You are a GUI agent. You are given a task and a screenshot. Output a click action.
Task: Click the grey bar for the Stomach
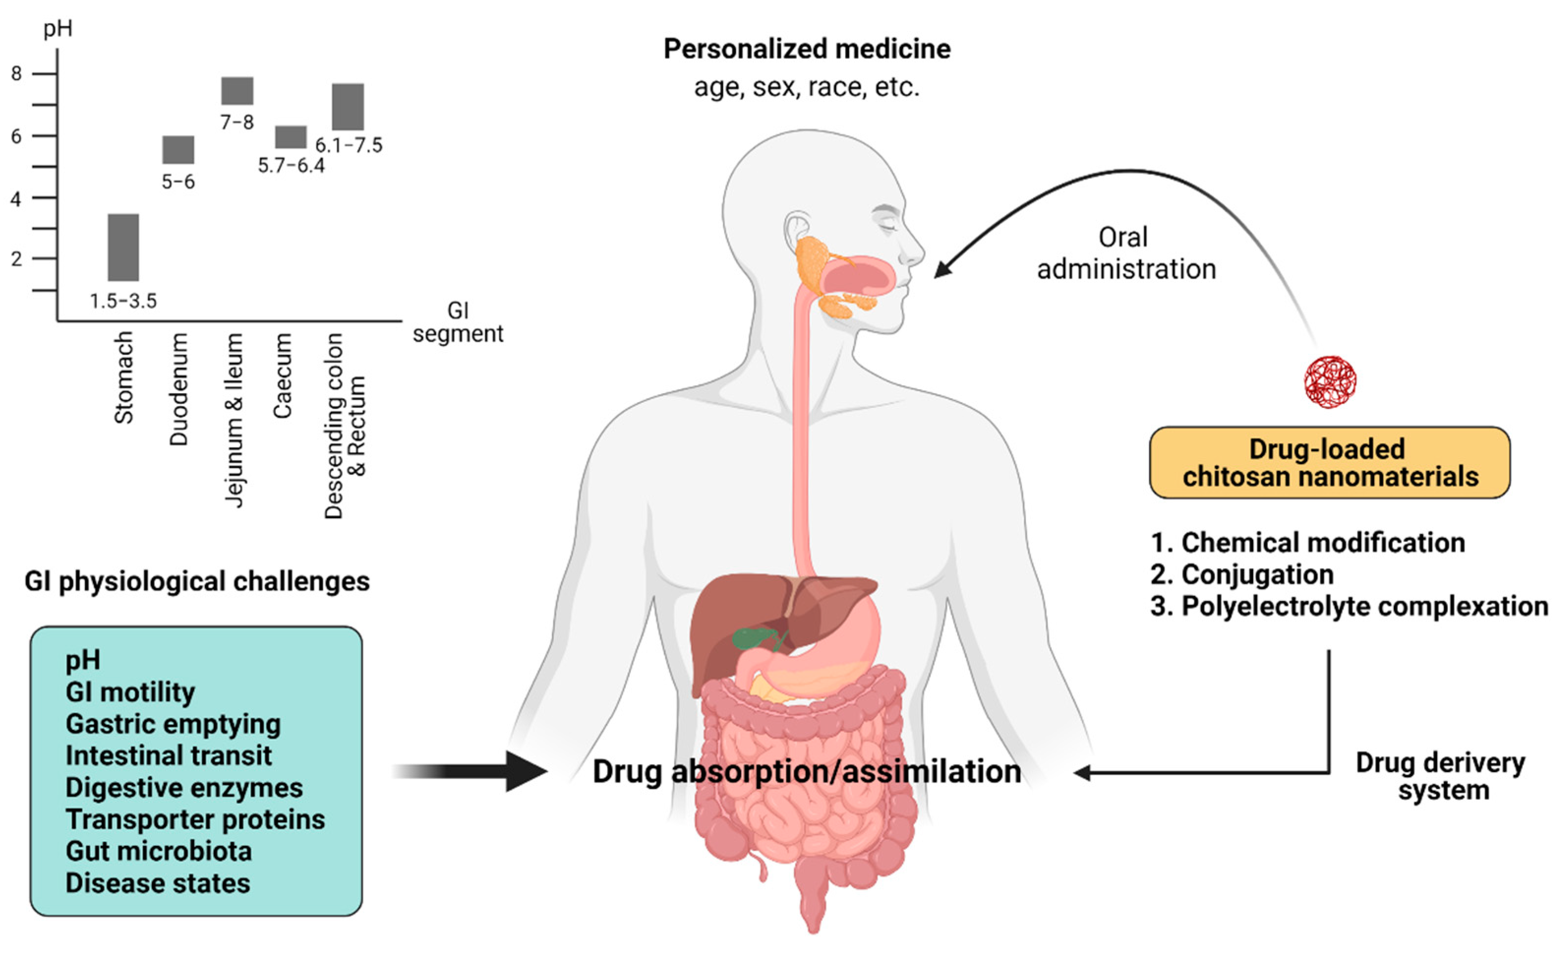pyautogui.click(x=123, y=247)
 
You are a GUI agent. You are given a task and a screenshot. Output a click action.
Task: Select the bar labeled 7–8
pyautogui.click(x=237, y=91)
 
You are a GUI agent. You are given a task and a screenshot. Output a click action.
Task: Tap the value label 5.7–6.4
pyautogui.click(x=291, y=166)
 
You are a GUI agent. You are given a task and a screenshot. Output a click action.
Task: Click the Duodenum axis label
pyautogui.click(x=179, y=390)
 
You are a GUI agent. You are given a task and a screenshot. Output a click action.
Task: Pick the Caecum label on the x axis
pyautogui.click(x=282, y=376)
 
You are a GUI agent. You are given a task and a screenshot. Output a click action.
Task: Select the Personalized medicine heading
pyautogui.click(x=807, y=49)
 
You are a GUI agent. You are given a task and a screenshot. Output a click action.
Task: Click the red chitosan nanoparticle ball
pyautogui.click(x=1330, y=381)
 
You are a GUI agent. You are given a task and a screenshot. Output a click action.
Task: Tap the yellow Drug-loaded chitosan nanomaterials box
pyautogui.click(x=1330, y=463)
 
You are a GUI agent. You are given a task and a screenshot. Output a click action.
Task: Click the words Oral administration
pyautogui.click(x=1125, y=253)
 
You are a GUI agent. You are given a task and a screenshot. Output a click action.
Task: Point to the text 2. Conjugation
pyautogui.click(x=1241, y=575)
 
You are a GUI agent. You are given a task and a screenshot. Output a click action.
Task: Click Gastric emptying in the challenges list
pyautogui.click(x=173, y=724)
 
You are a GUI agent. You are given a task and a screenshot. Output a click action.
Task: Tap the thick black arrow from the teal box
pyautogui.click(x=481, y=771)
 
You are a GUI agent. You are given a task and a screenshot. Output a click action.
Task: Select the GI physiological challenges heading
pyautogui.click(x=197, y=581)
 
